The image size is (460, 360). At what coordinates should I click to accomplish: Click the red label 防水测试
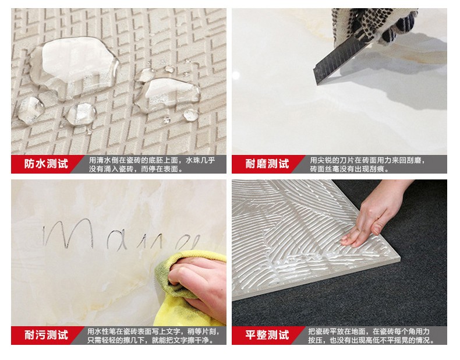[x=46, y=164]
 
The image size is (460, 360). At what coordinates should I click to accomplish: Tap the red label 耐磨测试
[x=267, y=164]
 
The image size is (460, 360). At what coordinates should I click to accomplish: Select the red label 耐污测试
[x=46, y=335]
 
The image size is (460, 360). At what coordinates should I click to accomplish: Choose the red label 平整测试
[x=267, y=335]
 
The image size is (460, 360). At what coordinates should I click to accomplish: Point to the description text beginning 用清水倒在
[x=151, y=164]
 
